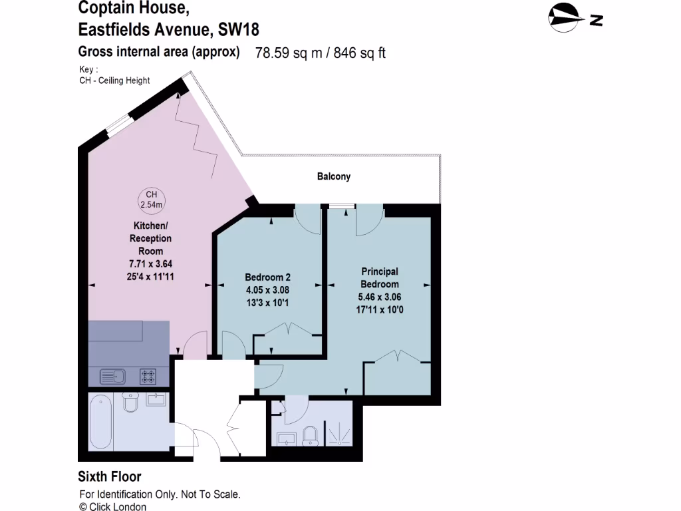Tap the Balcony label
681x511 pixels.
333,176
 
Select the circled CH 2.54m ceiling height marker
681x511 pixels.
151,200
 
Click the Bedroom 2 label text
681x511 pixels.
267,277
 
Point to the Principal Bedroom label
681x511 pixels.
380,277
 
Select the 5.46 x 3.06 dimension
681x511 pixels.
380,297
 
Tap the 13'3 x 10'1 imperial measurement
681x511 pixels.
267,302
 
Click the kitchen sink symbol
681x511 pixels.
113,377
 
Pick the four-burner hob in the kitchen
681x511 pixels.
148,377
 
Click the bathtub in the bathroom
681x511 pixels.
101,422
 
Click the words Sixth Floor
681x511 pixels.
110,476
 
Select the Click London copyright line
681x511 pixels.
113,506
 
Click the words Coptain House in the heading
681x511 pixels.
134,8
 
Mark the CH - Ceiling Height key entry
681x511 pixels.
114,81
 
